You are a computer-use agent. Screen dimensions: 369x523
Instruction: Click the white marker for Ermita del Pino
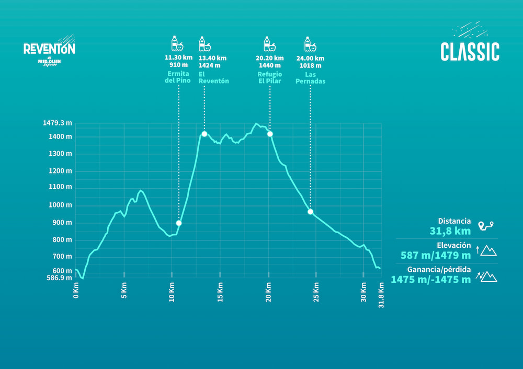179,223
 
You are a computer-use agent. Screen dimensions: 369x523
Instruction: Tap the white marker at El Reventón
204,134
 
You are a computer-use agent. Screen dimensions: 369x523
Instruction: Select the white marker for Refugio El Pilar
270,134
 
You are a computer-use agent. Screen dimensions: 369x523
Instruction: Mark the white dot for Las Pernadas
310,212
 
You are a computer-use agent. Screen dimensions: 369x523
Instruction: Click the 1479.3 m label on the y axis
58,123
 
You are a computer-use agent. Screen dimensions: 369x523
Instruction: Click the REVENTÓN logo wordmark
49,49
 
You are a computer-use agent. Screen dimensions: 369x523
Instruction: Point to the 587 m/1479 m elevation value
436,255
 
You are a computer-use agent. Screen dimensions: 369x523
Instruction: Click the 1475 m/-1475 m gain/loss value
430,280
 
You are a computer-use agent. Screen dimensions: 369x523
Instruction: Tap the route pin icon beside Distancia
486,226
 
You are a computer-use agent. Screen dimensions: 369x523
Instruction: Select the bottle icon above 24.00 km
309,43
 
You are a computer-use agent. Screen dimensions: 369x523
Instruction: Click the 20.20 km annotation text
270,58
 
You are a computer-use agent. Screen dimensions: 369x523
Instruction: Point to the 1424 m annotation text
209,66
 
